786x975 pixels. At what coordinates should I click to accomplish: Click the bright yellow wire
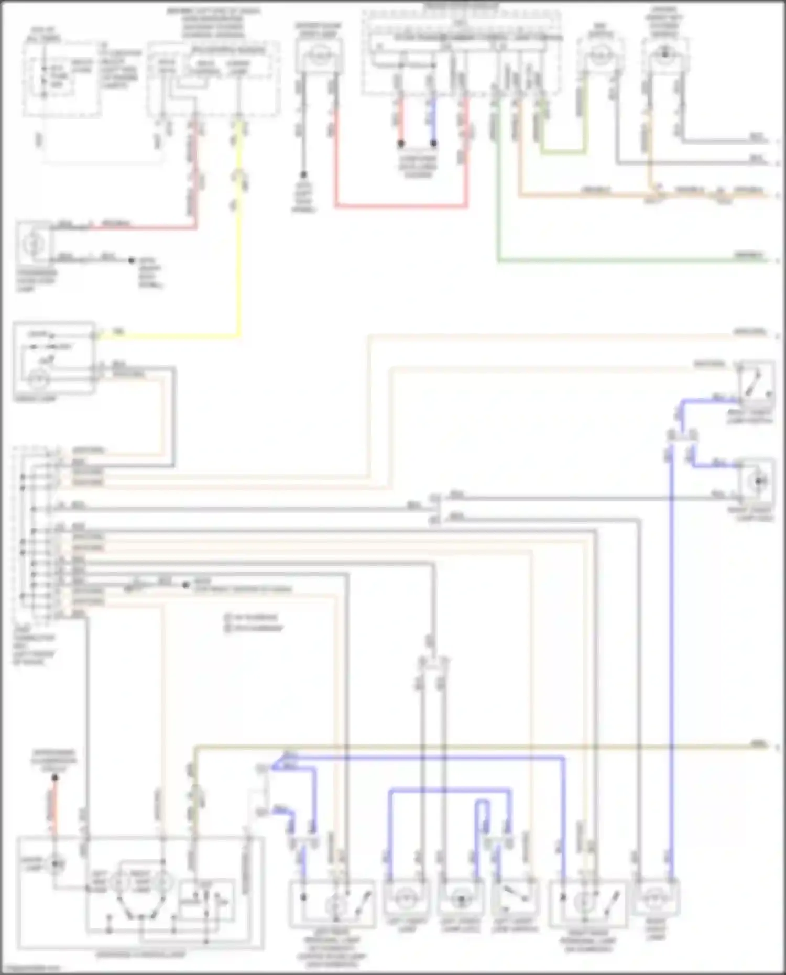pyautogui.click(x=239, y=262)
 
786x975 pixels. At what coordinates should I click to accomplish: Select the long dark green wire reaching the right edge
pyautogui.click(x=629, y=260)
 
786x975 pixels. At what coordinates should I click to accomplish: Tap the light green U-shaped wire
pyautogui.click(x=563, y=152)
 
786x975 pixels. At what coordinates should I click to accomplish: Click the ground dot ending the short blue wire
pyautogui.click(x=434, y=143)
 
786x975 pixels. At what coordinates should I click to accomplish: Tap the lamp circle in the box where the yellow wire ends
pyautogui.click(x=37, y=379)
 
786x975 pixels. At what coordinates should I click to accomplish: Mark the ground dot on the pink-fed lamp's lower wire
pyautogui.click(x=132, y=260)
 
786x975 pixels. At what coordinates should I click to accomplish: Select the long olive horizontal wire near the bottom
pyautogui.click(x=472, y=746)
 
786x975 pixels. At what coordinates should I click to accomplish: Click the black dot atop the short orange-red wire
pyautogui.click(x=54, y=777)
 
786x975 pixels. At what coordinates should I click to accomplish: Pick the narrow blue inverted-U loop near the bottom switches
pyautogui.click(x=482, y=817)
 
